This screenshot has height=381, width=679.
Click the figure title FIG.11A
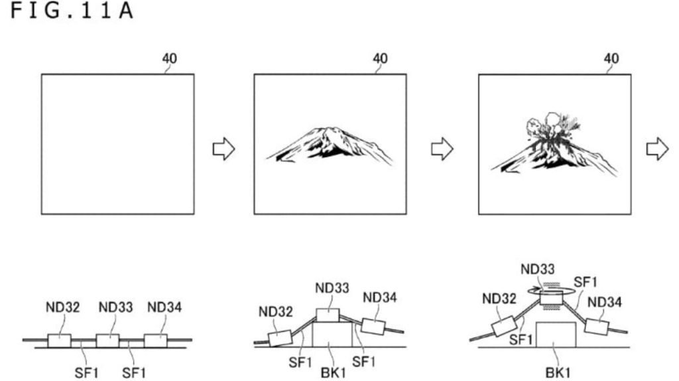[72, 11]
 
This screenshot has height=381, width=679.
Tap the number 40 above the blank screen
[169, 58]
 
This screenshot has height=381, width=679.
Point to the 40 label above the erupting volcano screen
[611, 58]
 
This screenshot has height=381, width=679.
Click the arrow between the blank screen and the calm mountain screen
[223, 149]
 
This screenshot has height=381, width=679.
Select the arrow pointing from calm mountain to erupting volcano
[442, 149]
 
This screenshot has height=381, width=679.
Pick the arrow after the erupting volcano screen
[657, 149]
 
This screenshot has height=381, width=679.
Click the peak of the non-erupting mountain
[328, 128]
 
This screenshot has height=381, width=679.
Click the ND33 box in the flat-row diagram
[107, 341]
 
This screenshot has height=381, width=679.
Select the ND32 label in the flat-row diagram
[63, 307]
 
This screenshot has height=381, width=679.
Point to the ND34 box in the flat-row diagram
[155, 341]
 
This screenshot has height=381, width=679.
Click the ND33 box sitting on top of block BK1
[328, 315]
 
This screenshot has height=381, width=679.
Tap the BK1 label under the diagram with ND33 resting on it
[334, 372]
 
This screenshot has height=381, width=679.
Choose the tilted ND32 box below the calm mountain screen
[280, 338]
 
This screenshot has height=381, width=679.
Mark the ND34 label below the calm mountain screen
[380, 298]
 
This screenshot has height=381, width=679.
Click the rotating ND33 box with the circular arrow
[552, 298]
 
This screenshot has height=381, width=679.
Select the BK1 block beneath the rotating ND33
[556, 335]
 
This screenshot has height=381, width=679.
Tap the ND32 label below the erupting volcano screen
[499, 299]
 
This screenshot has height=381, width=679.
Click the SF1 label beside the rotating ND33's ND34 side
[586, 282]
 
